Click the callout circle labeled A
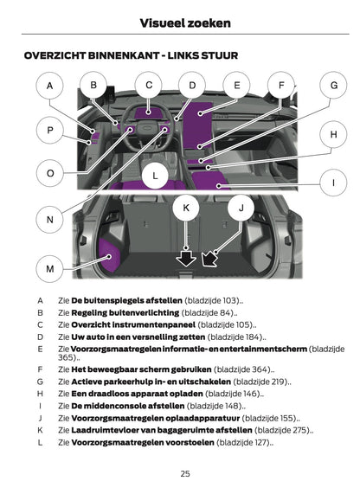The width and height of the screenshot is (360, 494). pyautogui.click(x=50, y=86)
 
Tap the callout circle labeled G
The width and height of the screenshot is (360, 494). pyautogui.click(x=333, y=86)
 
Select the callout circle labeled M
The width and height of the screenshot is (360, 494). pyautogui.click(x=50, y=269)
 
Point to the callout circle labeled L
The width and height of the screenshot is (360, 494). pyautogui.click(x=155, y=176)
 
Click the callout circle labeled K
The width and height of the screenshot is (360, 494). pyautogui.click(x=186, y=209)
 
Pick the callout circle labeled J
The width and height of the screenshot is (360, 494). pyautogui.click(x=241, y=209)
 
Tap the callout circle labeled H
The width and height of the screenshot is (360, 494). pyautogui.click(x=333, y=135)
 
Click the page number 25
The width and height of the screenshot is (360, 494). pyautogui.click(x=185, y=473)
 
